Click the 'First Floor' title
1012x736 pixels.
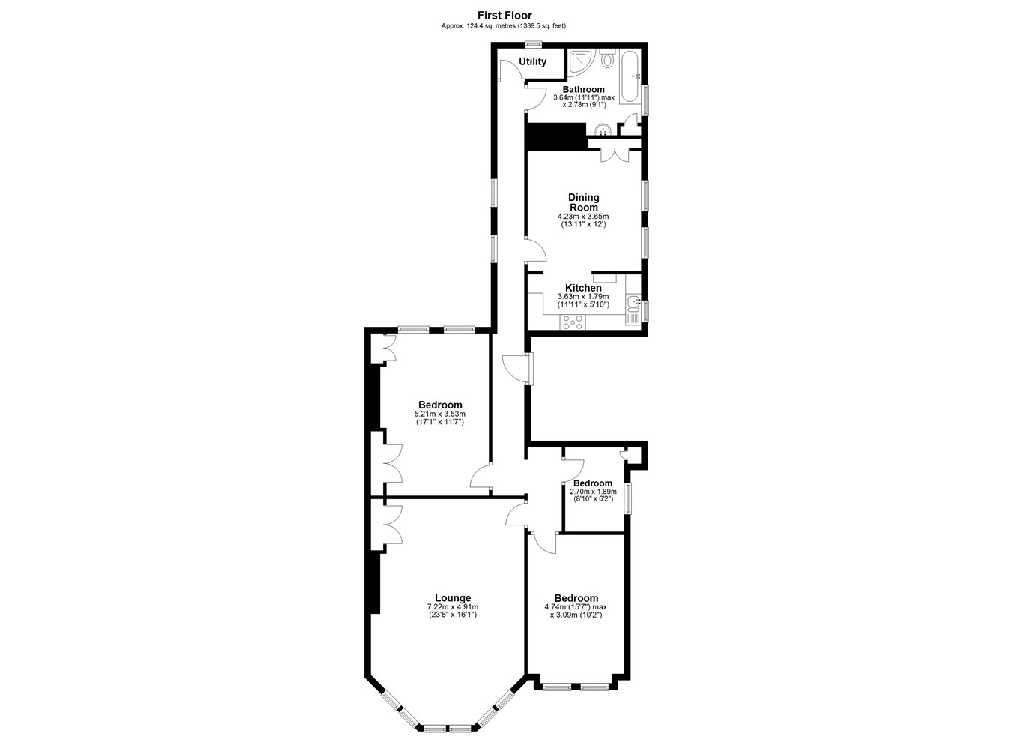click(505, 16)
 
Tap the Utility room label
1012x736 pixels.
click(533, 61)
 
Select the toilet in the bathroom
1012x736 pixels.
click(608, 58)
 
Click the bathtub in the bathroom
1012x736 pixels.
click(630, 76)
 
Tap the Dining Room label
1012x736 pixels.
click(584, 202)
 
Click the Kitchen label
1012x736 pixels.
click(583, 288)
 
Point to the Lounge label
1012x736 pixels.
click(453, 598)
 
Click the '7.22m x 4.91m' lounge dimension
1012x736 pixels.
click(453, 607)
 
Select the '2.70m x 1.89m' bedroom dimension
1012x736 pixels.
click(593, 492)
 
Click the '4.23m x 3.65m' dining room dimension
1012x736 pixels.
click(583, 217)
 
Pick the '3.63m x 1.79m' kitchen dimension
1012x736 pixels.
click(583, 297)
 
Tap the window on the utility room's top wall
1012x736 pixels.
click(533, 44)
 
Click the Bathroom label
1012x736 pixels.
click(583, 89)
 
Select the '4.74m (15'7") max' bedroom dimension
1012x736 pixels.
click(576, 607)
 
